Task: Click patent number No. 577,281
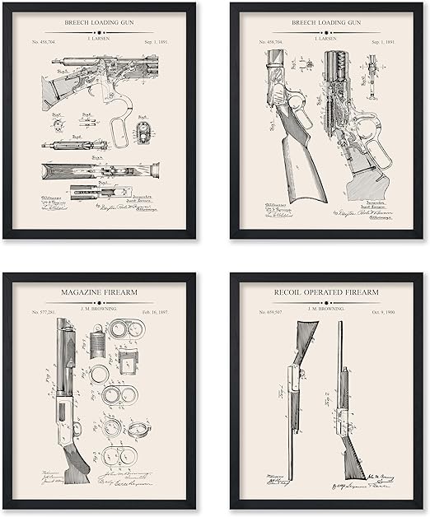click(x=44, y=312)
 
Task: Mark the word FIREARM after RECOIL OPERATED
click(x=378, y=292)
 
